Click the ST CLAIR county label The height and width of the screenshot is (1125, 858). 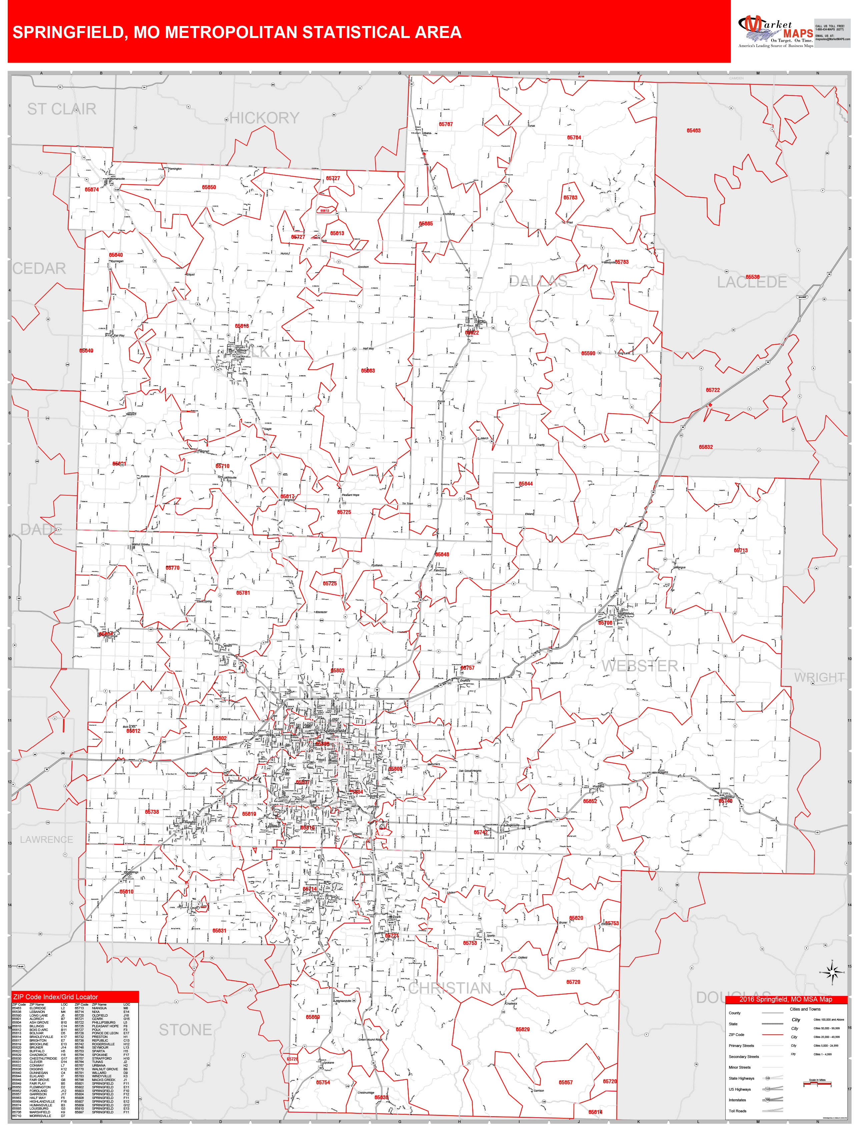point(61,109)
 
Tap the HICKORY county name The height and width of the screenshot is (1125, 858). point(264,118)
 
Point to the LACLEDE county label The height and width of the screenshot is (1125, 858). point(752,282)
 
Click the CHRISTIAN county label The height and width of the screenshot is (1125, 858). point(450,988)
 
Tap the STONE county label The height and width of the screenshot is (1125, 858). point(185,1030)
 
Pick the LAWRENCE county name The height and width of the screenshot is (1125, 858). point(46,839)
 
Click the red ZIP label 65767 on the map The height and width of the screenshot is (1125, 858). point(446,124)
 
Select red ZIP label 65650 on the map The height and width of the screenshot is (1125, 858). point(208,187)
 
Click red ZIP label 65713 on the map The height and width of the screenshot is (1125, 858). point(741,551)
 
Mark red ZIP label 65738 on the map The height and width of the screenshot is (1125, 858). point(152,812)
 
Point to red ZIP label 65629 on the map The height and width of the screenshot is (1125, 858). point(523,1030)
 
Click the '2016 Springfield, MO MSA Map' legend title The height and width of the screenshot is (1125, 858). point(786,999)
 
